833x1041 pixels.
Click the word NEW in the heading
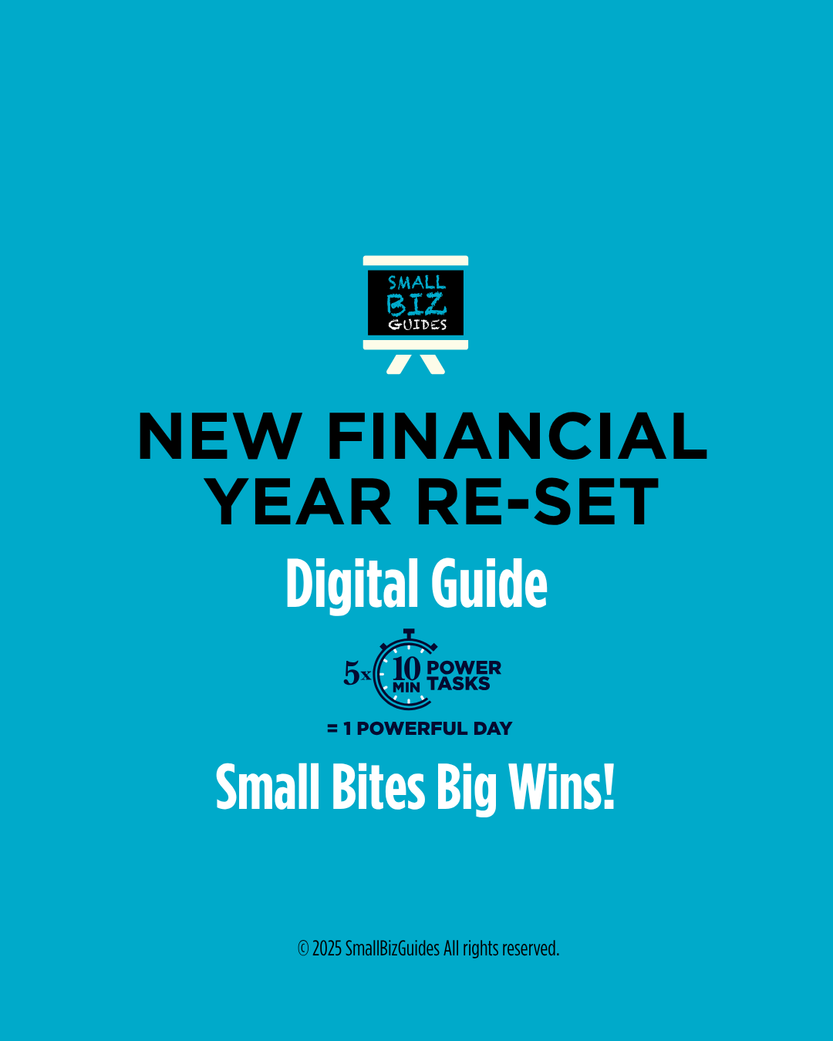[219, 436]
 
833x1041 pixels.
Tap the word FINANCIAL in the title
[517, 436]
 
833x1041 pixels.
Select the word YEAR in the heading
[299, 503]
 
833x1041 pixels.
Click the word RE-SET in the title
[538, 503]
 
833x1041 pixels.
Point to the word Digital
[352, 584]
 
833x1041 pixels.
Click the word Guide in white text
[489, 584]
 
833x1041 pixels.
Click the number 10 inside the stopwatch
[406, 668]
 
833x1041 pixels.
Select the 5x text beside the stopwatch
[356, 673]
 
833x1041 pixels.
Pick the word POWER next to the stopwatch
[464, 668]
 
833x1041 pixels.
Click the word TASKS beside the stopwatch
[459, 684]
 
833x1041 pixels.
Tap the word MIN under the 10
[406, 687]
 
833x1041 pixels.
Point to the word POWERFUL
[412, 729]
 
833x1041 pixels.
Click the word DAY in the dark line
[493, 729]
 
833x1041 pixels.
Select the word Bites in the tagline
[378, 788]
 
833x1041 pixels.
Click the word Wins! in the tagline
[562, 788]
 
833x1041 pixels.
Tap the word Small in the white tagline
[267, 788]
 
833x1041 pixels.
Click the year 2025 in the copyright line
[327, 948]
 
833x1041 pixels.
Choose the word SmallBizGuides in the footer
[392, 948]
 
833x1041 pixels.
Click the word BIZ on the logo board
[416, 305]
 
